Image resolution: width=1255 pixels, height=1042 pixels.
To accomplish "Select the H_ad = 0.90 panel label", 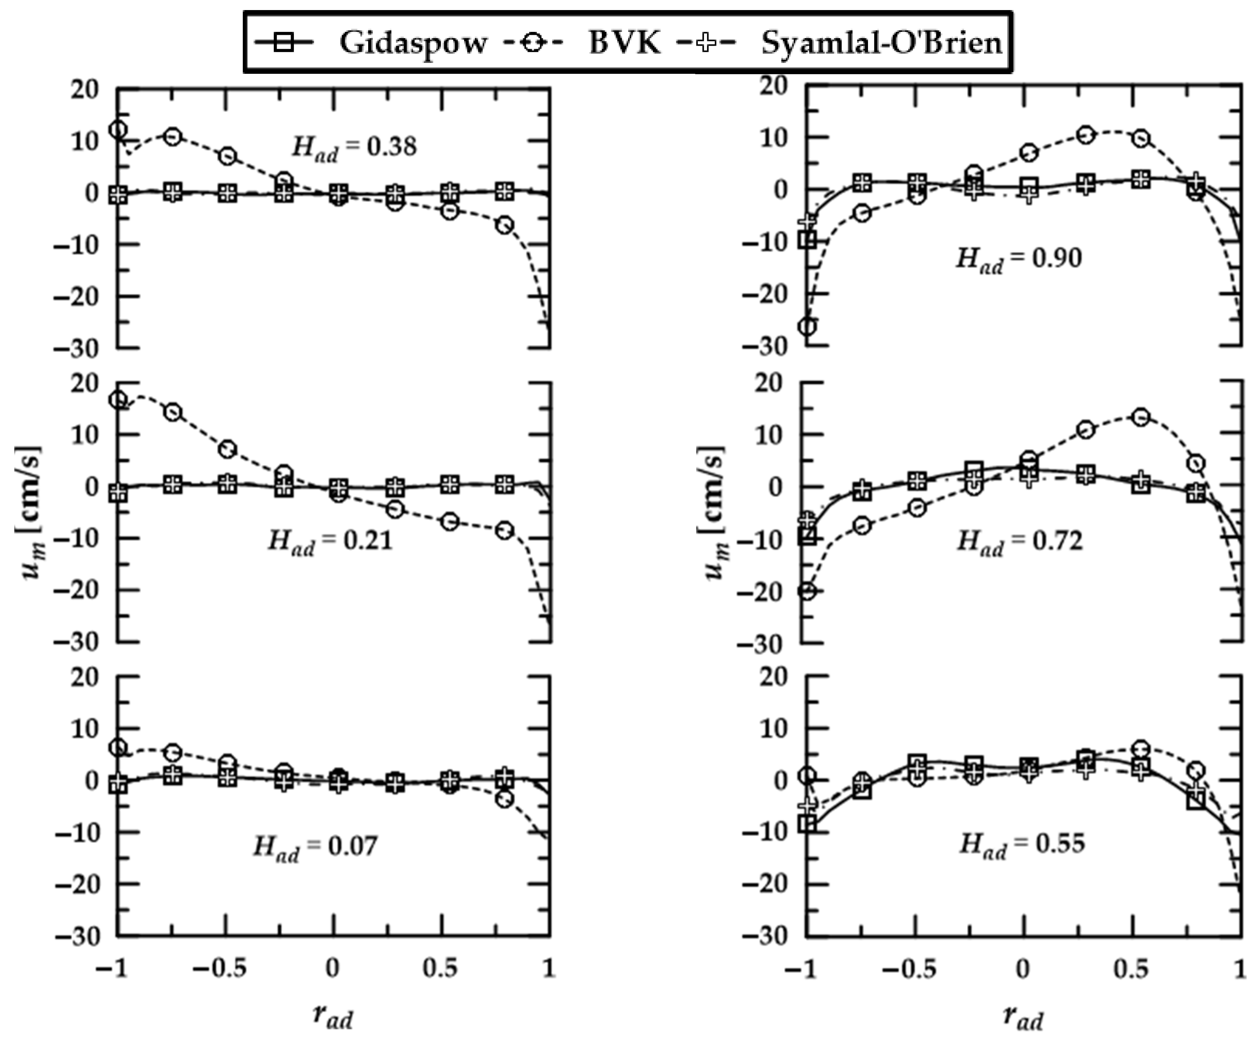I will click(x=1019, y=259).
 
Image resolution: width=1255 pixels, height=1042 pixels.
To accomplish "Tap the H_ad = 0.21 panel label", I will click(x=330, y=541).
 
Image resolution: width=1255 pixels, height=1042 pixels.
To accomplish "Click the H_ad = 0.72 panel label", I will click(x=1019, y=541).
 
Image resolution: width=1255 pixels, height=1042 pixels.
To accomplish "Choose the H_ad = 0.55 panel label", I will click(x=1022, y=844).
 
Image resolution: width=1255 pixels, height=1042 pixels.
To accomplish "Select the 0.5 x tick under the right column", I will click(x=1131, y=969).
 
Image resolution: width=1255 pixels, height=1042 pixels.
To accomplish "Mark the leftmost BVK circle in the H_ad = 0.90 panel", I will click(x=807, y=327).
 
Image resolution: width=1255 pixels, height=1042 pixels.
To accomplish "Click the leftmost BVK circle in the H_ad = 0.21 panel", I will click(x=118, y=400).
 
